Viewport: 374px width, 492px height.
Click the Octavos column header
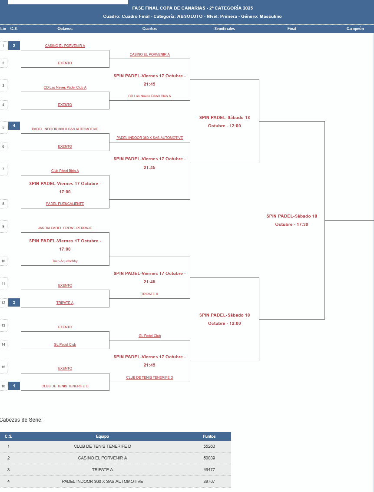pos(65,29)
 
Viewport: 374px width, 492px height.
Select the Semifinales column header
pos(225,29)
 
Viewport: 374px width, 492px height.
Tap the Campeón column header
pos(355,29)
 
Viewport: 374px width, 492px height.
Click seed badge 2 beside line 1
pos(14,46)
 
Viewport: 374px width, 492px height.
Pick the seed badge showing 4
pos(14,126)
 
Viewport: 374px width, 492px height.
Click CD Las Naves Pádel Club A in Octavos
pos(65,87)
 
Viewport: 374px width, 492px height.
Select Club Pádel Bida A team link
pos(65,171)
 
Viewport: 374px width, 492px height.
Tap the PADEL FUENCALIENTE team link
pos(65,204)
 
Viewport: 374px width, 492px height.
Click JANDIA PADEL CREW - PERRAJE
pos(65,228)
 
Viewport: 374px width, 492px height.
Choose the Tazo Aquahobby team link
pos(65,261)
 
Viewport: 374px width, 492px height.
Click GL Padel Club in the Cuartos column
pos(150,336)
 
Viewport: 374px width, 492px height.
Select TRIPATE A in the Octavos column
pos(65,303)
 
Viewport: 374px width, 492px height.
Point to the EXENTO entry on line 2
pos(65,63)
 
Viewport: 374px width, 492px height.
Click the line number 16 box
pos(3,386)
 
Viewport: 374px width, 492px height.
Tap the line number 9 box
pos(3,226)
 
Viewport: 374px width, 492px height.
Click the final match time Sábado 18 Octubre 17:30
pos(292,220)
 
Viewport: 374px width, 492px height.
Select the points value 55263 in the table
pos(209,446)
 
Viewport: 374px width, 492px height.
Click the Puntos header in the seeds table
pos(209,436)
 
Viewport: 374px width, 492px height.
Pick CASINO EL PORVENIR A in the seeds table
pos(103,458)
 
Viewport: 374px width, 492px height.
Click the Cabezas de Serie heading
pos(21,419)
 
